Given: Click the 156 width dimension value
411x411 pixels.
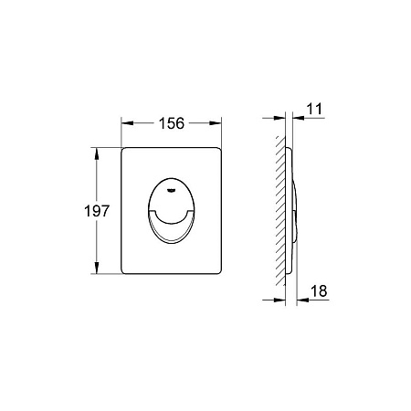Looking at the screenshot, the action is pos(172,123).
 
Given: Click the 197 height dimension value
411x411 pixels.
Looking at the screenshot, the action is pos(97,211).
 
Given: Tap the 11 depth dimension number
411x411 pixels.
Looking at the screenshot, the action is pos(314,109).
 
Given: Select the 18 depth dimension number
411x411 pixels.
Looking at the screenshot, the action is pos(319,290).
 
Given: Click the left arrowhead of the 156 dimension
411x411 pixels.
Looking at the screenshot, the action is pos(128,123).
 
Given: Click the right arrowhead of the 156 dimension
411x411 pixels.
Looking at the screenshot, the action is pos(216,123).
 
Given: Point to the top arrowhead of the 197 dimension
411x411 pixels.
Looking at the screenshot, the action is pos(97,154).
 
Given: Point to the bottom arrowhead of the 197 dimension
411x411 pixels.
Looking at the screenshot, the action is pos(97,268).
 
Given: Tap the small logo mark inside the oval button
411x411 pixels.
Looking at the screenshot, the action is pos(172,191).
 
